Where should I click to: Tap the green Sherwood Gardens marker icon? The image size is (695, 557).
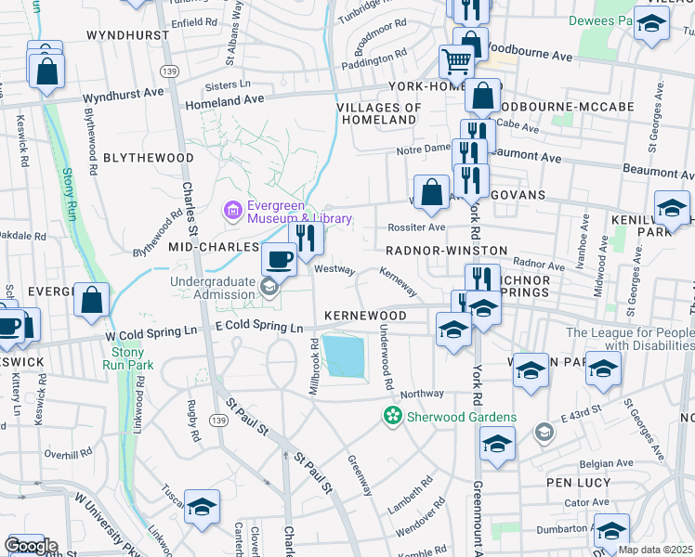393,415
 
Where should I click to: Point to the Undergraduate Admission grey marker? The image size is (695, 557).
269,285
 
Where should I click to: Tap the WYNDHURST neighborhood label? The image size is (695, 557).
127,34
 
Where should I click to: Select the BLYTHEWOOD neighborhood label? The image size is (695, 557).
148,158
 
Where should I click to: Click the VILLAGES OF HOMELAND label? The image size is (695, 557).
379,113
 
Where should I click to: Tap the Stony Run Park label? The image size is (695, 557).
127,358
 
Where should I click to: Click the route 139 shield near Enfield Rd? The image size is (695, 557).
168,71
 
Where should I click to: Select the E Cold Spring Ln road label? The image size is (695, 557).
259,328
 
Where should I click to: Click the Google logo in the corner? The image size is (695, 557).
31,545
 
